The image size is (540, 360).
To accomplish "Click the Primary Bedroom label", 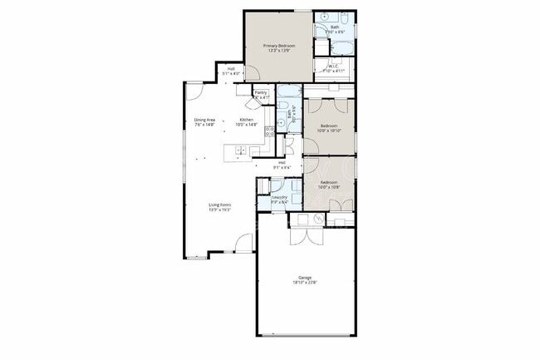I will point(278,46).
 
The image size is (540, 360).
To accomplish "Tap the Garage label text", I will point(305,277).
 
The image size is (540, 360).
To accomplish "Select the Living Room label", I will point(219,205).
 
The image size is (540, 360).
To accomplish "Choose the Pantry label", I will point(260,93).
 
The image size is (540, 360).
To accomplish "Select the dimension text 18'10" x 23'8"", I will point(305,283).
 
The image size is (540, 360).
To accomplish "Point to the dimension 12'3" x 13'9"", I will point(278,51).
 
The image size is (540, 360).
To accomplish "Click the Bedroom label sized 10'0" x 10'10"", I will point(328,126).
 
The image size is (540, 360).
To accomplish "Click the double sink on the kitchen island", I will point(241,150).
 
